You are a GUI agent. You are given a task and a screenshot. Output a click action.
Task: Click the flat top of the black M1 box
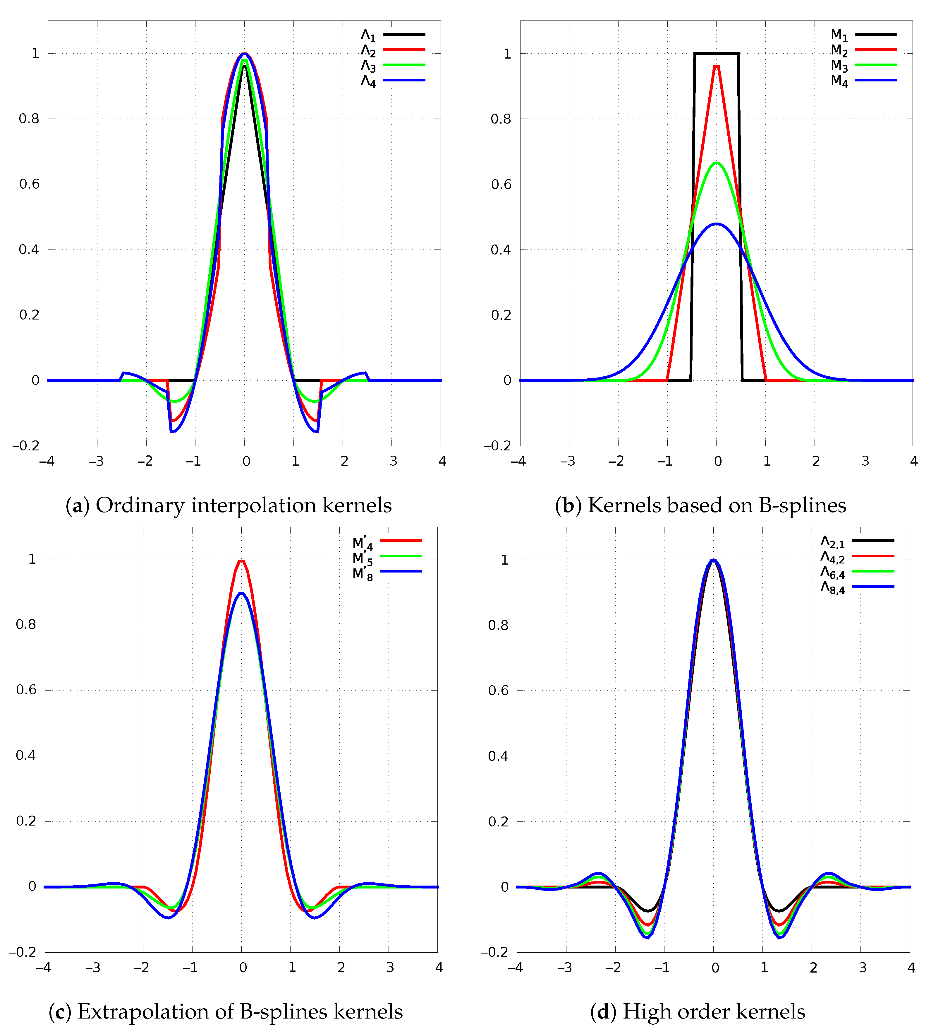click(x=716, y=53)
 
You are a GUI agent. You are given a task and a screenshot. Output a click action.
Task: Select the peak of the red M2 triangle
click(x=716, y=66)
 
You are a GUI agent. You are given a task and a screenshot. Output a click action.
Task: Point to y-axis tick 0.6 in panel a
click(x=29, y=184)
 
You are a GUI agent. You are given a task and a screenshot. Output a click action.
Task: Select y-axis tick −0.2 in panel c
click(x=23, y=952)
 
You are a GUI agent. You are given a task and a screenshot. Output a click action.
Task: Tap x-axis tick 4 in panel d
click(x=911, y=968)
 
